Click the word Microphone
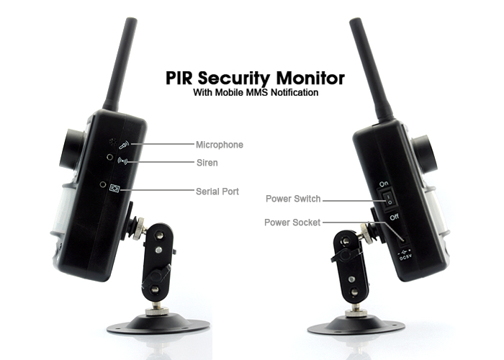tap(220, 145)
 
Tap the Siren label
tap(207, 163)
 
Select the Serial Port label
tap(217, 192)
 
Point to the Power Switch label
tap(293, 199)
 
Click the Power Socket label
tap(292, 222)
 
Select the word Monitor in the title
tap(308, 78)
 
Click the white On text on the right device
tap(384, 184)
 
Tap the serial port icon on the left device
tap(114, 189)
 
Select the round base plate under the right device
tap(348, 328)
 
